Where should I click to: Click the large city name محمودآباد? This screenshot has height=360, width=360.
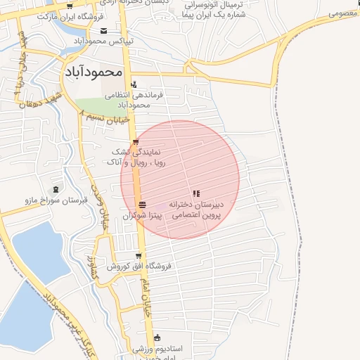(94, 72)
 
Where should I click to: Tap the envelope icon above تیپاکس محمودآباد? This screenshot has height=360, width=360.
(104, 30)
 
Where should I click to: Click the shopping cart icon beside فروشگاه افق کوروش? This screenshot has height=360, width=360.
(139, 256)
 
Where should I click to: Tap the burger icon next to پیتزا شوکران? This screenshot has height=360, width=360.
(143, 205)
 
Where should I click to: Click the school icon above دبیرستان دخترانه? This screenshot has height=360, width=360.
(196, 193)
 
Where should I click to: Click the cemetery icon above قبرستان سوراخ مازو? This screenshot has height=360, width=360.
(56, 189)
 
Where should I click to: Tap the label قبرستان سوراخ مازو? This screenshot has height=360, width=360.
(56, 200)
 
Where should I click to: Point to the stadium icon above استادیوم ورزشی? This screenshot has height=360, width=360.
(156, 337)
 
